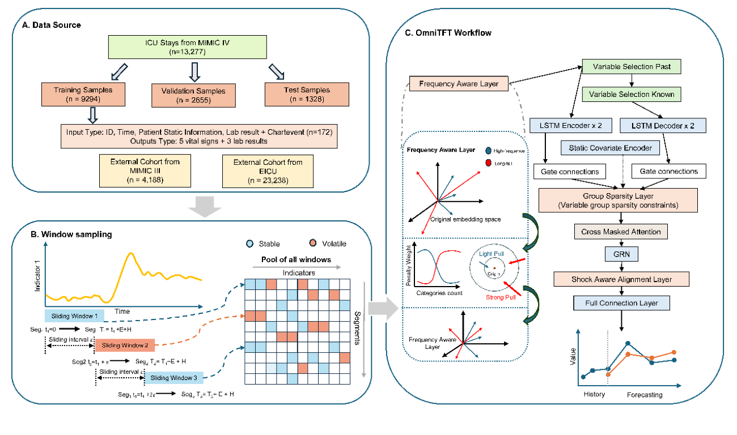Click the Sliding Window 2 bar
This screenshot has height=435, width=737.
(x=122, y=344)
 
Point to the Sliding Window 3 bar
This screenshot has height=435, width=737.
(x=172, y=378)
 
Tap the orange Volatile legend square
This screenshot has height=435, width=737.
(x=312, y=244)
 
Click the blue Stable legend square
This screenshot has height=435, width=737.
(x=249, y=244)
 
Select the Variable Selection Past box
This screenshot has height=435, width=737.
(x=632, y=67)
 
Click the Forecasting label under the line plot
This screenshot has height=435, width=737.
(x=644, y=394)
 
